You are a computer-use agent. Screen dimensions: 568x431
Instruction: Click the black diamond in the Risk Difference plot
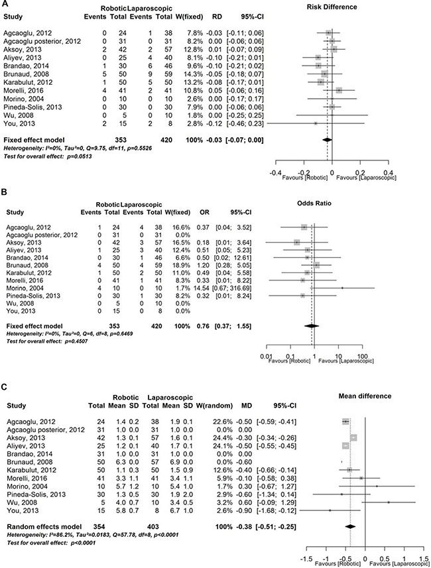(326, 140)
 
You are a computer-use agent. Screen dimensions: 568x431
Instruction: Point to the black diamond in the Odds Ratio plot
(310, 326)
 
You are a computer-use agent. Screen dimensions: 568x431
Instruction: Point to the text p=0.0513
(61, 155)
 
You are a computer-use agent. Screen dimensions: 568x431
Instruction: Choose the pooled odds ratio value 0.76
(202, 327)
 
